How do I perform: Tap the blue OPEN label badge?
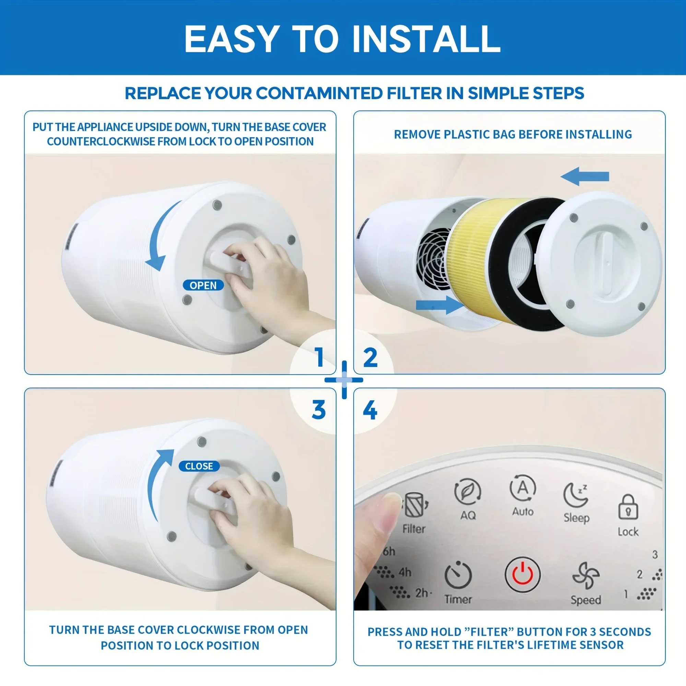[x=203, y=285]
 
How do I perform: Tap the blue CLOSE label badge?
[x=199, y=466]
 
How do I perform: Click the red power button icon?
[x=522, y=574]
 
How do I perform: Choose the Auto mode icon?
[x=522, y=488]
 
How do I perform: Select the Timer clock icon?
[x=458, y=575]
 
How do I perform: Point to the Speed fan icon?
[x=586, y=575]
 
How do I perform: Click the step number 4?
[x=370, y=410]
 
